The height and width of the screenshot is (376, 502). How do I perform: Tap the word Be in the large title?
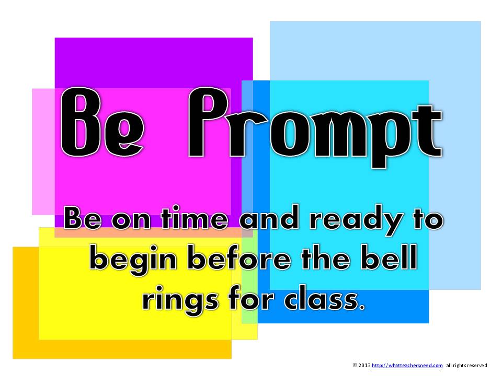[102, 122]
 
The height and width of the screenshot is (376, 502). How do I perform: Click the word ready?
[356, 220]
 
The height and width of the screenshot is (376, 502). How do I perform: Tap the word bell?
[389, 257]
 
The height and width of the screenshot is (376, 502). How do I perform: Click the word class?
[325, 298]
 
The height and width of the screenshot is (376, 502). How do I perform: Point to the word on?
[131, 220]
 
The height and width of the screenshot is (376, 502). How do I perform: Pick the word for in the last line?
[252, 298]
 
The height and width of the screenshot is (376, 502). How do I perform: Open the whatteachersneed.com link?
[407, 365]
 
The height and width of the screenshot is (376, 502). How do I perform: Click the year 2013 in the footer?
[364, 365]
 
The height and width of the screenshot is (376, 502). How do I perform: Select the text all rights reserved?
[466, 365]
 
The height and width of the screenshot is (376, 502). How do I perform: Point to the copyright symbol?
[355, 365]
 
